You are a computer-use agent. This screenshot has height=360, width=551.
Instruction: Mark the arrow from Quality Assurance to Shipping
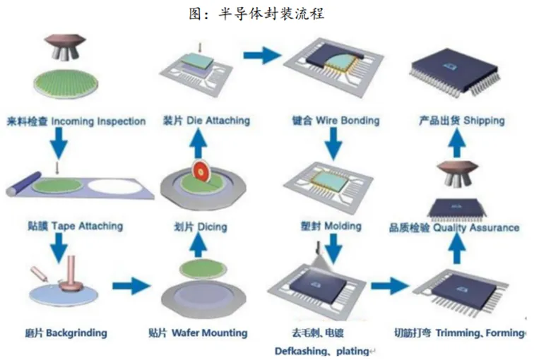[459, 145]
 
